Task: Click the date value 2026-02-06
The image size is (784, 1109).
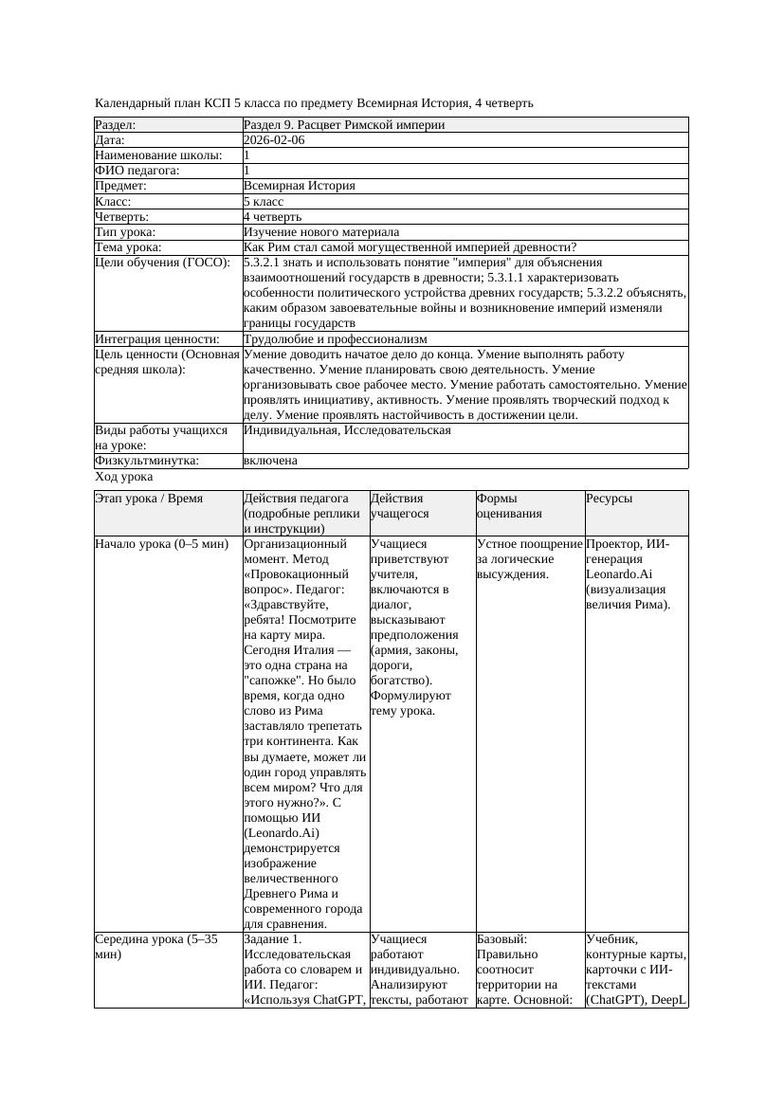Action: [x=274, y=140]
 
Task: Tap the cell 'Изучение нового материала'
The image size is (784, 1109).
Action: [x=321, y=232]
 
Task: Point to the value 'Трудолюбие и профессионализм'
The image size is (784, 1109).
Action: [x=335, y=339]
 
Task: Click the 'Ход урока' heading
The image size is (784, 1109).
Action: [x=124, y=478]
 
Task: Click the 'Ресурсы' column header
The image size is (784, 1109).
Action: [x=610, y=499]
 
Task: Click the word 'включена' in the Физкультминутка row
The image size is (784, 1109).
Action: [x=270, y=461]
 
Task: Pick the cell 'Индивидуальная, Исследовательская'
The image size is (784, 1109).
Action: [x=347, y=430]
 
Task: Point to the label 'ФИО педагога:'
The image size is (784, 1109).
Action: [x=137, y=171]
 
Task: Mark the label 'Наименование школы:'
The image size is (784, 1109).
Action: [x=158, y=155]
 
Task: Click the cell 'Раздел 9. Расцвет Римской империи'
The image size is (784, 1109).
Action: [x=344, y=125]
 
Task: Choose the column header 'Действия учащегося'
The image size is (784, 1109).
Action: [x=398, y=506]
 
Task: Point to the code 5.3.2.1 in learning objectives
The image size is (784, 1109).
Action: [x=265, y=263]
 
